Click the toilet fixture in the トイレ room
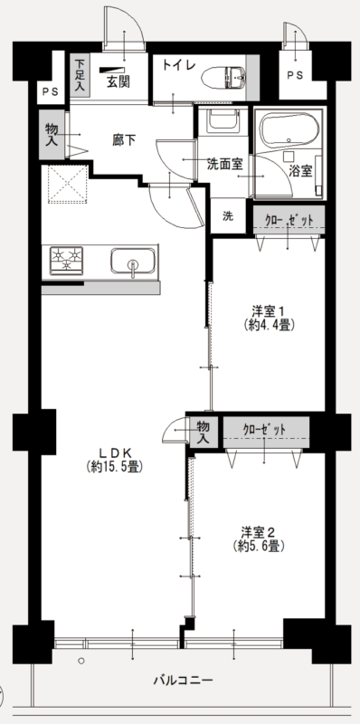[x=224, y=77]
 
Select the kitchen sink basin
[x=132, y=261]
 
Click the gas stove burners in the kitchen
[x=66, y=261]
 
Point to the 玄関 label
[x=118, y=81]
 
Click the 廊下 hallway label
[x=124, y=140]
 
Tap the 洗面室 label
[x=224, y=164]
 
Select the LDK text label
[x=115, y=452]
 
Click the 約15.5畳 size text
[x=115, y=467]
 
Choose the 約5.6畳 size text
[x=258, y=547]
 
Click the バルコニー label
[x=184, y=681]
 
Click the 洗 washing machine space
[x=228, y=216]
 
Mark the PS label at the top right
[x=296, y=75]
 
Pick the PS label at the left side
[x=51, y=91]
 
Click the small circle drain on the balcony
[x=81, y=662]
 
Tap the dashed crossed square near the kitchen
[x=68, y=184]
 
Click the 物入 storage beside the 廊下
[x=52, y=135]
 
